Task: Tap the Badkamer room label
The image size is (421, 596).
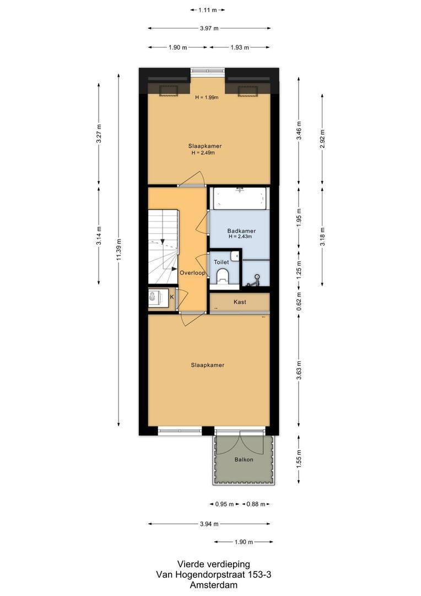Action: (x=241, y=231)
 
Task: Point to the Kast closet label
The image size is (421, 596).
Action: (x=240, y=302)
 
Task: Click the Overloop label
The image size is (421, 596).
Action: (x=192, y=273)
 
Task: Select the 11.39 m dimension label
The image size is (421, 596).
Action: (x=118, y=251)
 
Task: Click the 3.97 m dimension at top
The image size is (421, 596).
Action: (x=209, y=28)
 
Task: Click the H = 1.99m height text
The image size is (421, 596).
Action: (x=207, y=98)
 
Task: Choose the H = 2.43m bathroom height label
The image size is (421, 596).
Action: (x=241, y=237)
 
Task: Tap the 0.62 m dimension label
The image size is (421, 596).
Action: (x=299, y=303)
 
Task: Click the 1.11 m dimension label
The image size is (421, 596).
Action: (x=207, y=10)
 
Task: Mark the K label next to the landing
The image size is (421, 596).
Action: (x=171, y=297)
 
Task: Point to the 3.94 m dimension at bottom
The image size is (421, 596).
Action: (x=209, y=524)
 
